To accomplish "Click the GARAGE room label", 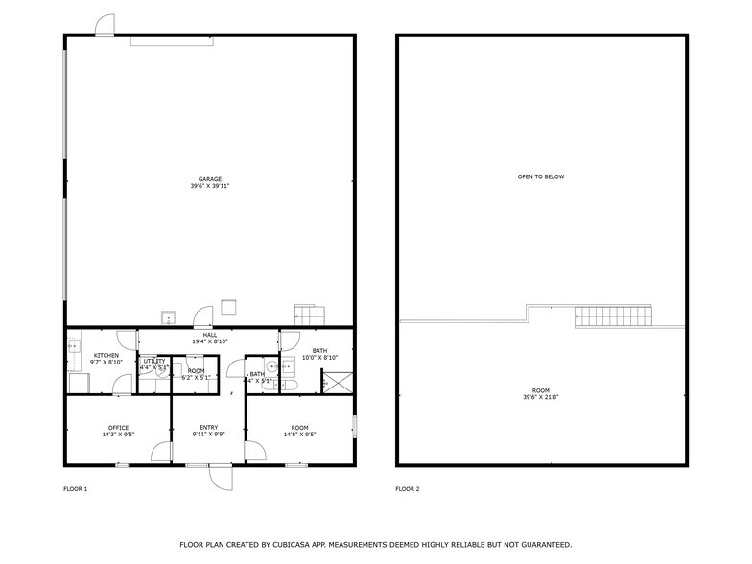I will coord(210,178).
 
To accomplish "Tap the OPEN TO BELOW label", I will coord(541,177).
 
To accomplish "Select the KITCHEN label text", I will coord(106,355).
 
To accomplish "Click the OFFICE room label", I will coord(118,428).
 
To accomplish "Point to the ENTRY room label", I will coord(208,428).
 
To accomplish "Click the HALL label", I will coord(209,335).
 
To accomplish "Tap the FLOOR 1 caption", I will coord(74,489).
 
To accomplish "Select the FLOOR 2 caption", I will coord(408,489).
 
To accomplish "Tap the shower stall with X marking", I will coord(336,382).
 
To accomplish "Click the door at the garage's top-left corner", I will coord(105,26).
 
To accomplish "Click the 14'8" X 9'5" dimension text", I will coord(300,435).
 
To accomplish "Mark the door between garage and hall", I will coord(203,317).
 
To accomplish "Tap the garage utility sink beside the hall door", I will coord(169,318).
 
